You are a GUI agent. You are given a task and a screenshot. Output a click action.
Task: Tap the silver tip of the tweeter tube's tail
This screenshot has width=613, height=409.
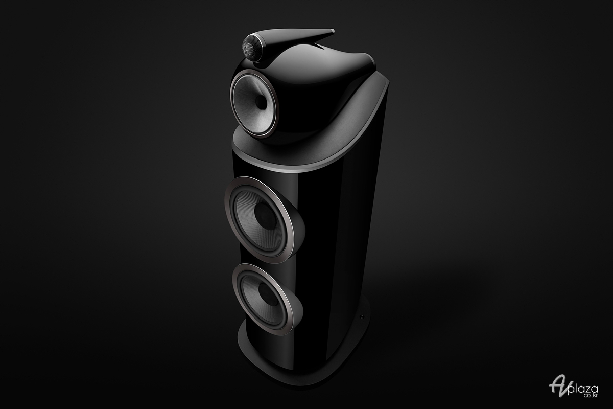332,31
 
